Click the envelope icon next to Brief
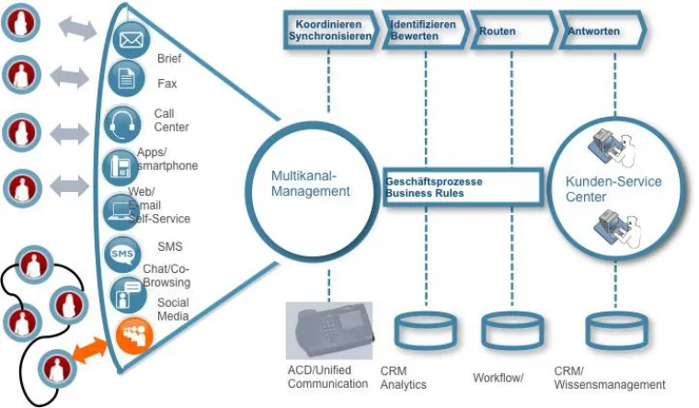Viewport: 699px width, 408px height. click(x=131, y=40)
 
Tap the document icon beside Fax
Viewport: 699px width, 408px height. click(x=126, y=80)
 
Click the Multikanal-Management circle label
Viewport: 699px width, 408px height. click(x=310, y=183)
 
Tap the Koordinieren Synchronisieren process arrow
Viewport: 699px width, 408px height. click(x=330, y=30)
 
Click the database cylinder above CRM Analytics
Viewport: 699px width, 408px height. click(x=424, y=331)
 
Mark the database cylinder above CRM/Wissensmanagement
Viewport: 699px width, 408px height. click(x=608, y=331)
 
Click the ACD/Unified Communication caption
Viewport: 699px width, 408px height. click(x=327, y=377)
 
